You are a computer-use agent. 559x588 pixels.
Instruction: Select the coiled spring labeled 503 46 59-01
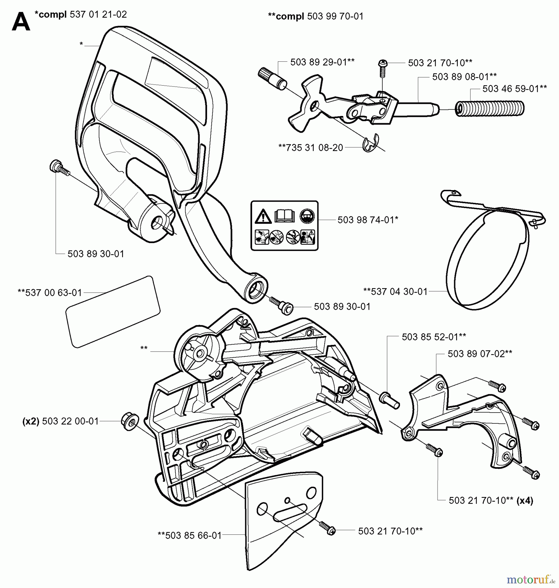click(490, 107)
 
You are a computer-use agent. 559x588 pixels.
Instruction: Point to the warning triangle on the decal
click(263, 217)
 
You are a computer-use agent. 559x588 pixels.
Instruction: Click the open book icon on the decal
click(285, 216)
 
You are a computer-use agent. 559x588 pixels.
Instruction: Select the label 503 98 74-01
click(368, 220)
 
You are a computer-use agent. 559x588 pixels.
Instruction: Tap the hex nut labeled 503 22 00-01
click(130, 421)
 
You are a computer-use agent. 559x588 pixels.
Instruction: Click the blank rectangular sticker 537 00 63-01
click(113, 312)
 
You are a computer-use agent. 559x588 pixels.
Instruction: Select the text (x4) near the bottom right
click(525, 501)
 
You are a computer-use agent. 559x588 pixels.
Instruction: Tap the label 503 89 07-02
click(480, 354)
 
